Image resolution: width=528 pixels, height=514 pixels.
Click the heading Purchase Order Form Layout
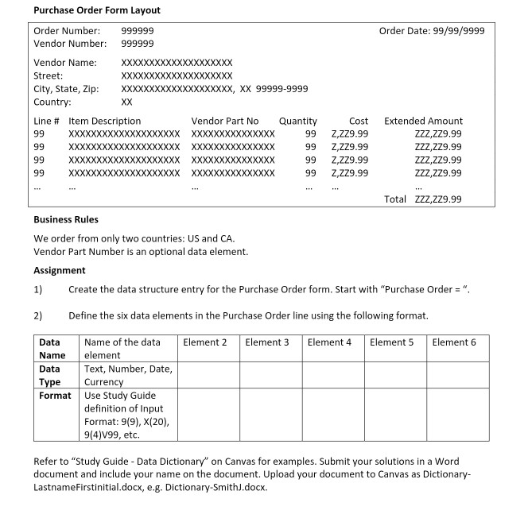[97, 10]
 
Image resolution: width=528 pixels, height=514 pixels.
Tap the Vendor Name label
[65, 62]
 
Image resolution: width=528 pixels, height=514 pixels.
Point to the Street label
[49, 75]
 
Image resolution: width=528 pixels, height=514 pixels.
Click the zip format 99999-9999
[282, 89]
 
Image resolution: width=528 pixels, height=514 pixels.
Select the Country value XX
[126, 102]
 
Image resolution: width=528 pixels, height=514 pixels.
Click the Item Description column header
[105, 121]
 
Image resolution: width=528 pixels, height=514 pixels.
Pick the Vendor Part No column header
[225, 121]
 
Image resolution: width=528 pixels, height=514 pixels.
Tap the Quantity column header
[298, 121]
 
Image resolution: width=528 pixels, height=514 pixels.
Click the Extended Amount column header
[423, 121]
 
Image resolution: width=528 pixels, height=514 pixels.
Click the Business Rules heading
[66, 219]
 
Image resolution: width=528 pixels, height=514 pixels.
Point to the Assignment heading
[60, 270]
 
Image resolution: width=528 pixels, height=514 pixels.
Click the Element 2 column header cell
[205, 342]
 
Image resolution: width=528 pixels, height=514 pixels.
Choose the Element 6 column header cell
[454, 342]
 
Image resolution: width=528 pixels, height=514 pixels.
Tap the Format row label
[53, 395]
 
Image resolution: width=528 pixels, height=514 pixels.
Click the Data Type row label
[50, 375]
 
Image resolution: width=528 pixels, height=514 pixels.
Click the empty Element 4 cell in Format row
[333, 414]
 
